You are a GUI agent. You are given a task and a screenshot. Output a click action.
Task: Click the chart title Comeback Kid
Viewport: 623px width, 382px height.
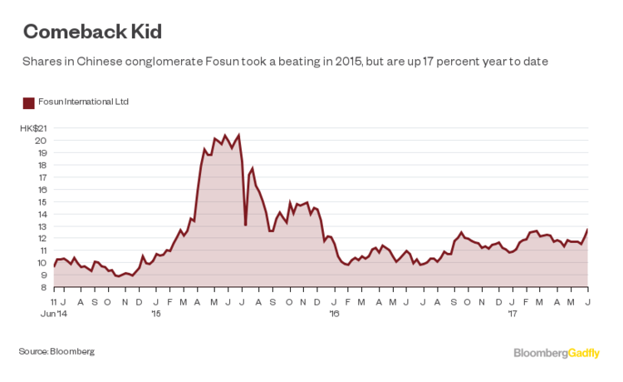click(92, 32)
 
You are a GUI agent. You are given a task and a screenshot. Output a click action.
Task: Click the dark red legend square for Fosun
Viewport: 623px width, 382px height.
click(28, 102)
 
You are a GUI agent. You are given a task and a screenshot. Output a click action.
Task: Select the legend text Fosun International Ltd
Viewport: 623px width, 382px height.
click(83, 102)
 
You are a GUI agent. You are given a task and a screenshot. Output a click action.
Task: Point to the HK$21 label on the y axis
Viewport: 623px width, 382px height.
click(34, 128)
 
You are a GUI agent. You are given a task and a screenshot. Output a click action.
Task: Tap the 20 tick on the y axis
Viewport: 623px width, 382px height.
click(41, 140)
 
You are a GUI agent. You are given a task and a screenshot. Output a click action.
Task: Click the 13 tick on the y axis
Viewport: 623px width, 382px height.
click(41, 226)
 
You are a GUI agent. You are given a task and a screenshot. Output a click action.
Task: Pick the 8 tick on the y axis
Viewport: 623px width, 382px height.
click(42, 287)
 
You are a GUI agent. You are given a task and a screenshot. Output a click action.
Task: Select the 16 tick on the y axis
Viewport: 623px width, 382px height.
click(41, 189)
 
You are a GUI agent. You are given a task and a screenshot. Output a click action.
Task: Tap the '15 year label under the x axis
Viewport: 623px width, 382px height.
click(155, 314)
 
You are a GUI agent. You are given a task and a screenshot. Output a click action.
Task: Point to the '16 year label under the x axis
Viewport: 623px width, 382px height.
click(335, 314)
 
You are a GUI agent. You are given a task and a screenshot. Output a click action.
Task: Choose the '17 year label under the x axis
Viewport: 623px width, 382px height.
click(513, 314)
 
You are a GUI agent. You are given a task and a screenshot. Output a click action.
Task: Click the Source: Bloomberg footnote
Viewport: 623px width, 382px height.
click(56, 352)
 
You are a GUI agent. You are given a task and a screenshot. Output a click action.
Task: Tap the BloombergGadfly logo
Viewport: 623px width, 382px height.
click(557, 353)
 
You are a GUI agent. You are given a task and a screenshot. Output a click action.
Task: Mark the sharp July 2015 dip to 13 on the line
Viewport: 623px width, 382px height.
click(245, 224)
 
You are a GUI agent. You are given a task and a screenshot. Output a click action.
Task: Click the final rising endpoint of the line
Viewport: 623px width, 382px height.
click(587, 230)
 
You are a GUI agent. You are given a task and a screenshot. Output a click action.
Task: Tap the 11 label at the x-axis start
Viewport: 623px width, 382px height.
click(53, 301)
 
